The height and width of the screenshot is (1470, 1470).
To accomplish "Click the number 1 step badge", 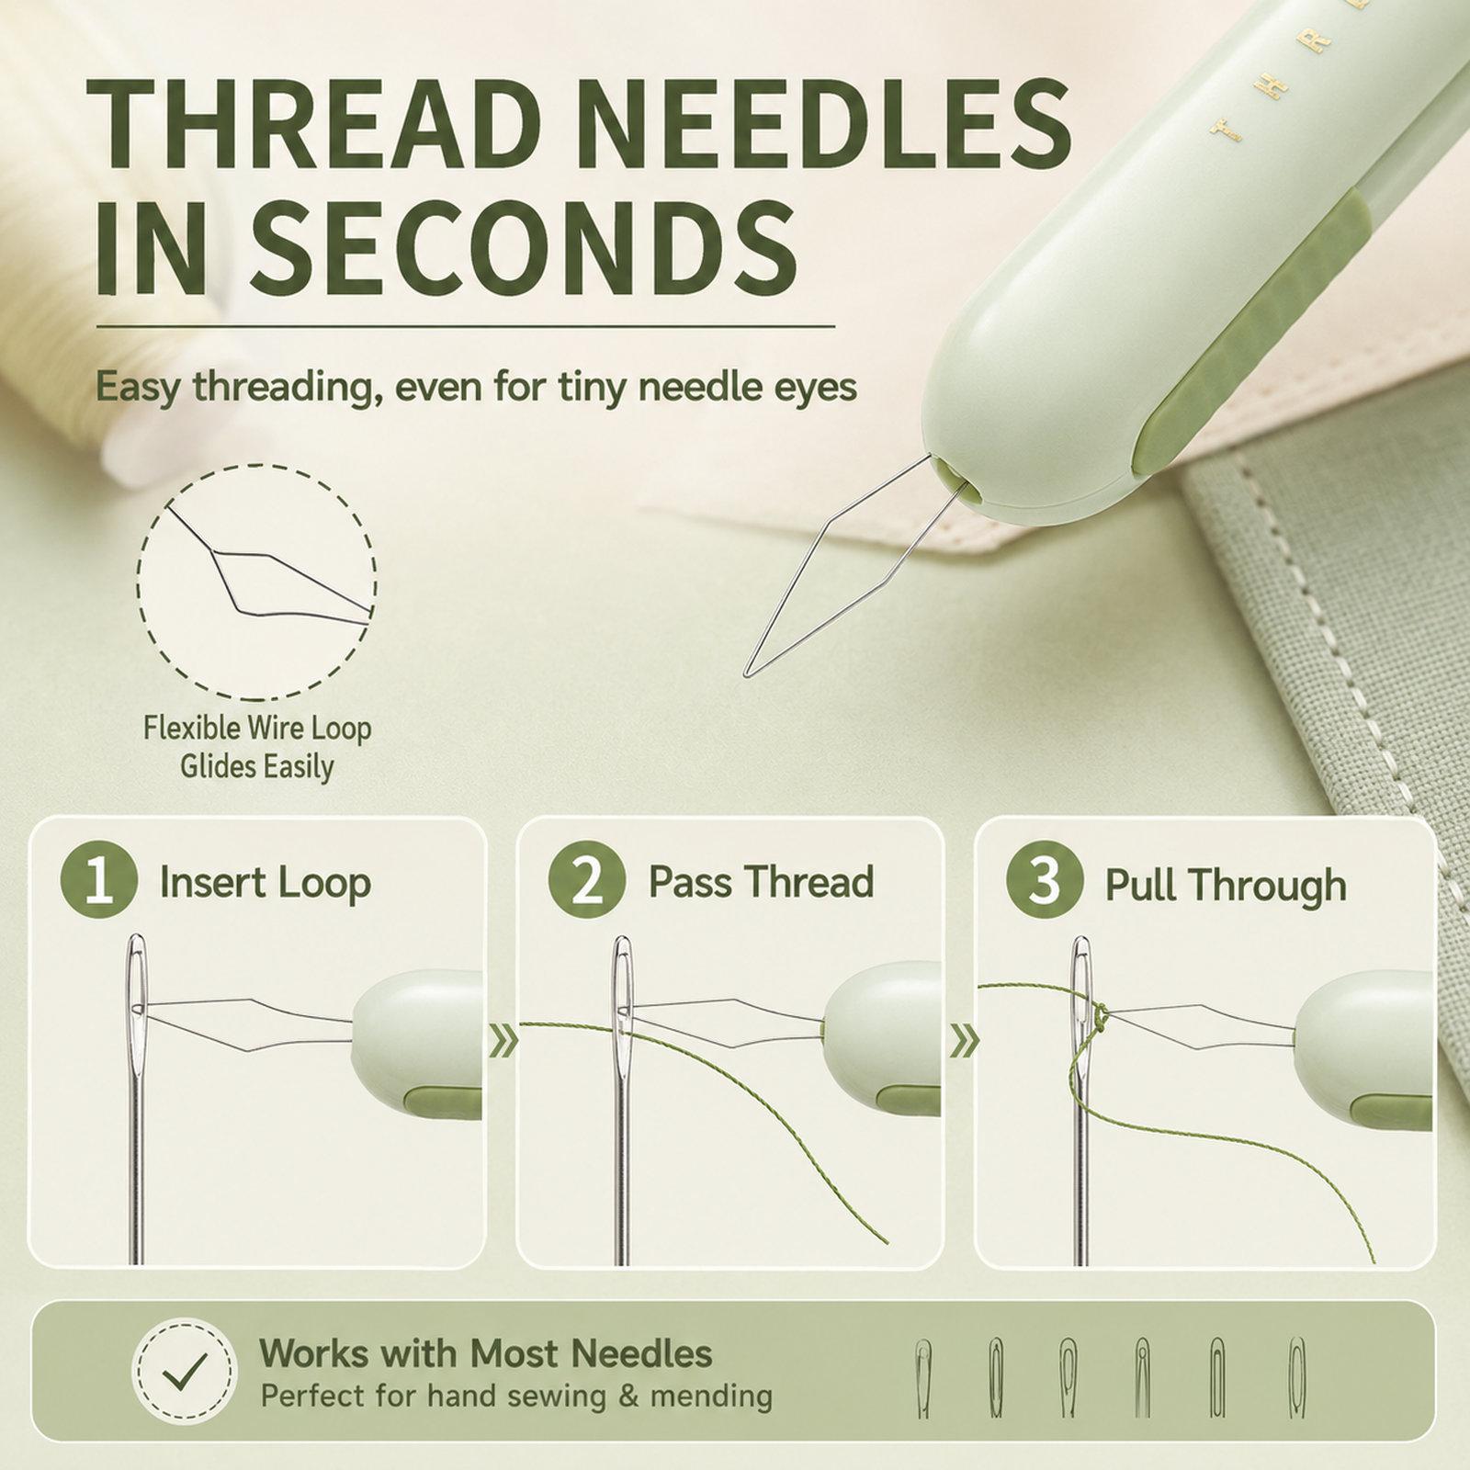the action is coord(98,881).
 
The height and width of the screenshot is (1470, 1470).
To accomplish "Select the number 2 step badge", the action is coord(587,880).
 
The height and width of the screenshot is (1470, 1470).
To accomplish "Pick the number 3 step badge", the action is coord(1045,880).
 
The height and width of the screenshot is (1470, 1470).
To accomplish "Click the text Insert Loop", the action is coord(266,883).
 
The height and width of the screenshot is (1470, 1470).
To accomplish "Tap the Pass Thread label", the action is coord(761,882).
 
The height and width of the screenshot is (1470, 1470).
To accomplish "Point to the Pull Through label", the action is coord(1226,885).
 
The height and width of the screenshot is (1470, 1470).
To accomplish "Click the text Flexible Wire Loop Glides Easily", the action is coord(257,747).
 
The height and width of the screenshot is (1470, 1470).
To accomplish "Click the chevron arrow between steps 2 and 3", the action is coord(964,1041).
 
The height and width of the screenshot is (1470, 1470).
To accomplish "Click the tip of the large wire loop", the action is coord(746,675).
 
